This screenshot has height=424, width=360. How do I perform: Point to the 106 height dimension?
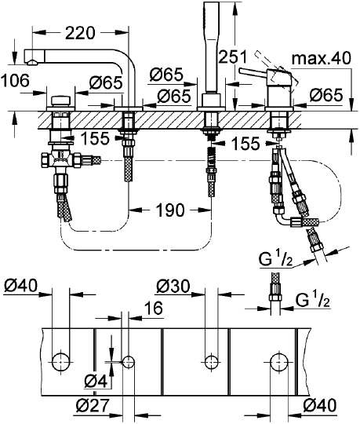[16, 80]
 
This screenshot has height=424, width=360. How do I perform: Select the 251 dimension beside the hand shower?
[235, 57]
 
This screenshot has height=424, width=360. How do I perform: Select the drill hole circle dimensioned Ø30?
[209, 361]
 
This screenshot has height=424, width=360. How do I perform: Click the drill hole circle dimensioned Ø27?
[129, 361]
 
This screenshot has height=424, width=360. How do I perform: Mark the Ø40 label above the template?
[21, 286]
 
